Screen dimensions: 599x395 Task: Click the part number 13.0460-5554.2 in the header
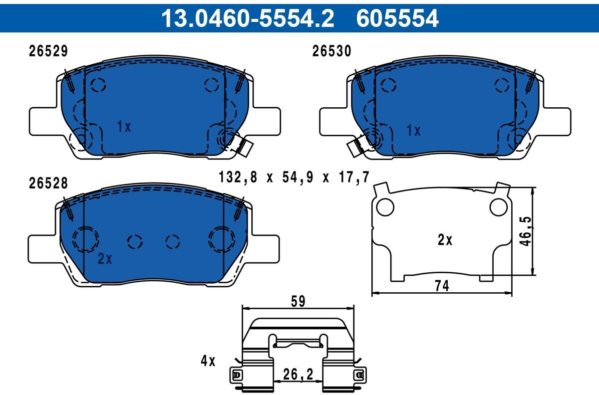[248, 18]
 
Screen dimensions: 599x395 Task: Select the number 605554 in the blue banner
[397, 18]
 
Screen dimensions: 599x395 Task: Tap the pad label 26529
[48, 51]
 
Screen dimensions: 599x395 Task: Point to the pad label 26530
[331, 51]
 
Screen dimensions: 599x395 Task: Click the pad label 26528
[48, 184]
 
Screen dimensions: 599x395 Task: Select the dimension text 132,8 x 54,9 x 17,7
[294, 177]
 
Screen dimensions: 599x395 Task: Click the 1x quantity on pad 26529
[124, 126]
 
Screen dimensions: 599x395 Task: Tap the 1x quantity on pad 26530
[413, 130]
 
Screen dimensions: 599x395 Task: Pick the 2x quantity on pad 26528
[105, 258]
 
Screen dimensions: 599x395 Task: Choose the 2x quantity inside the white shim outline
[445, 240]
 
